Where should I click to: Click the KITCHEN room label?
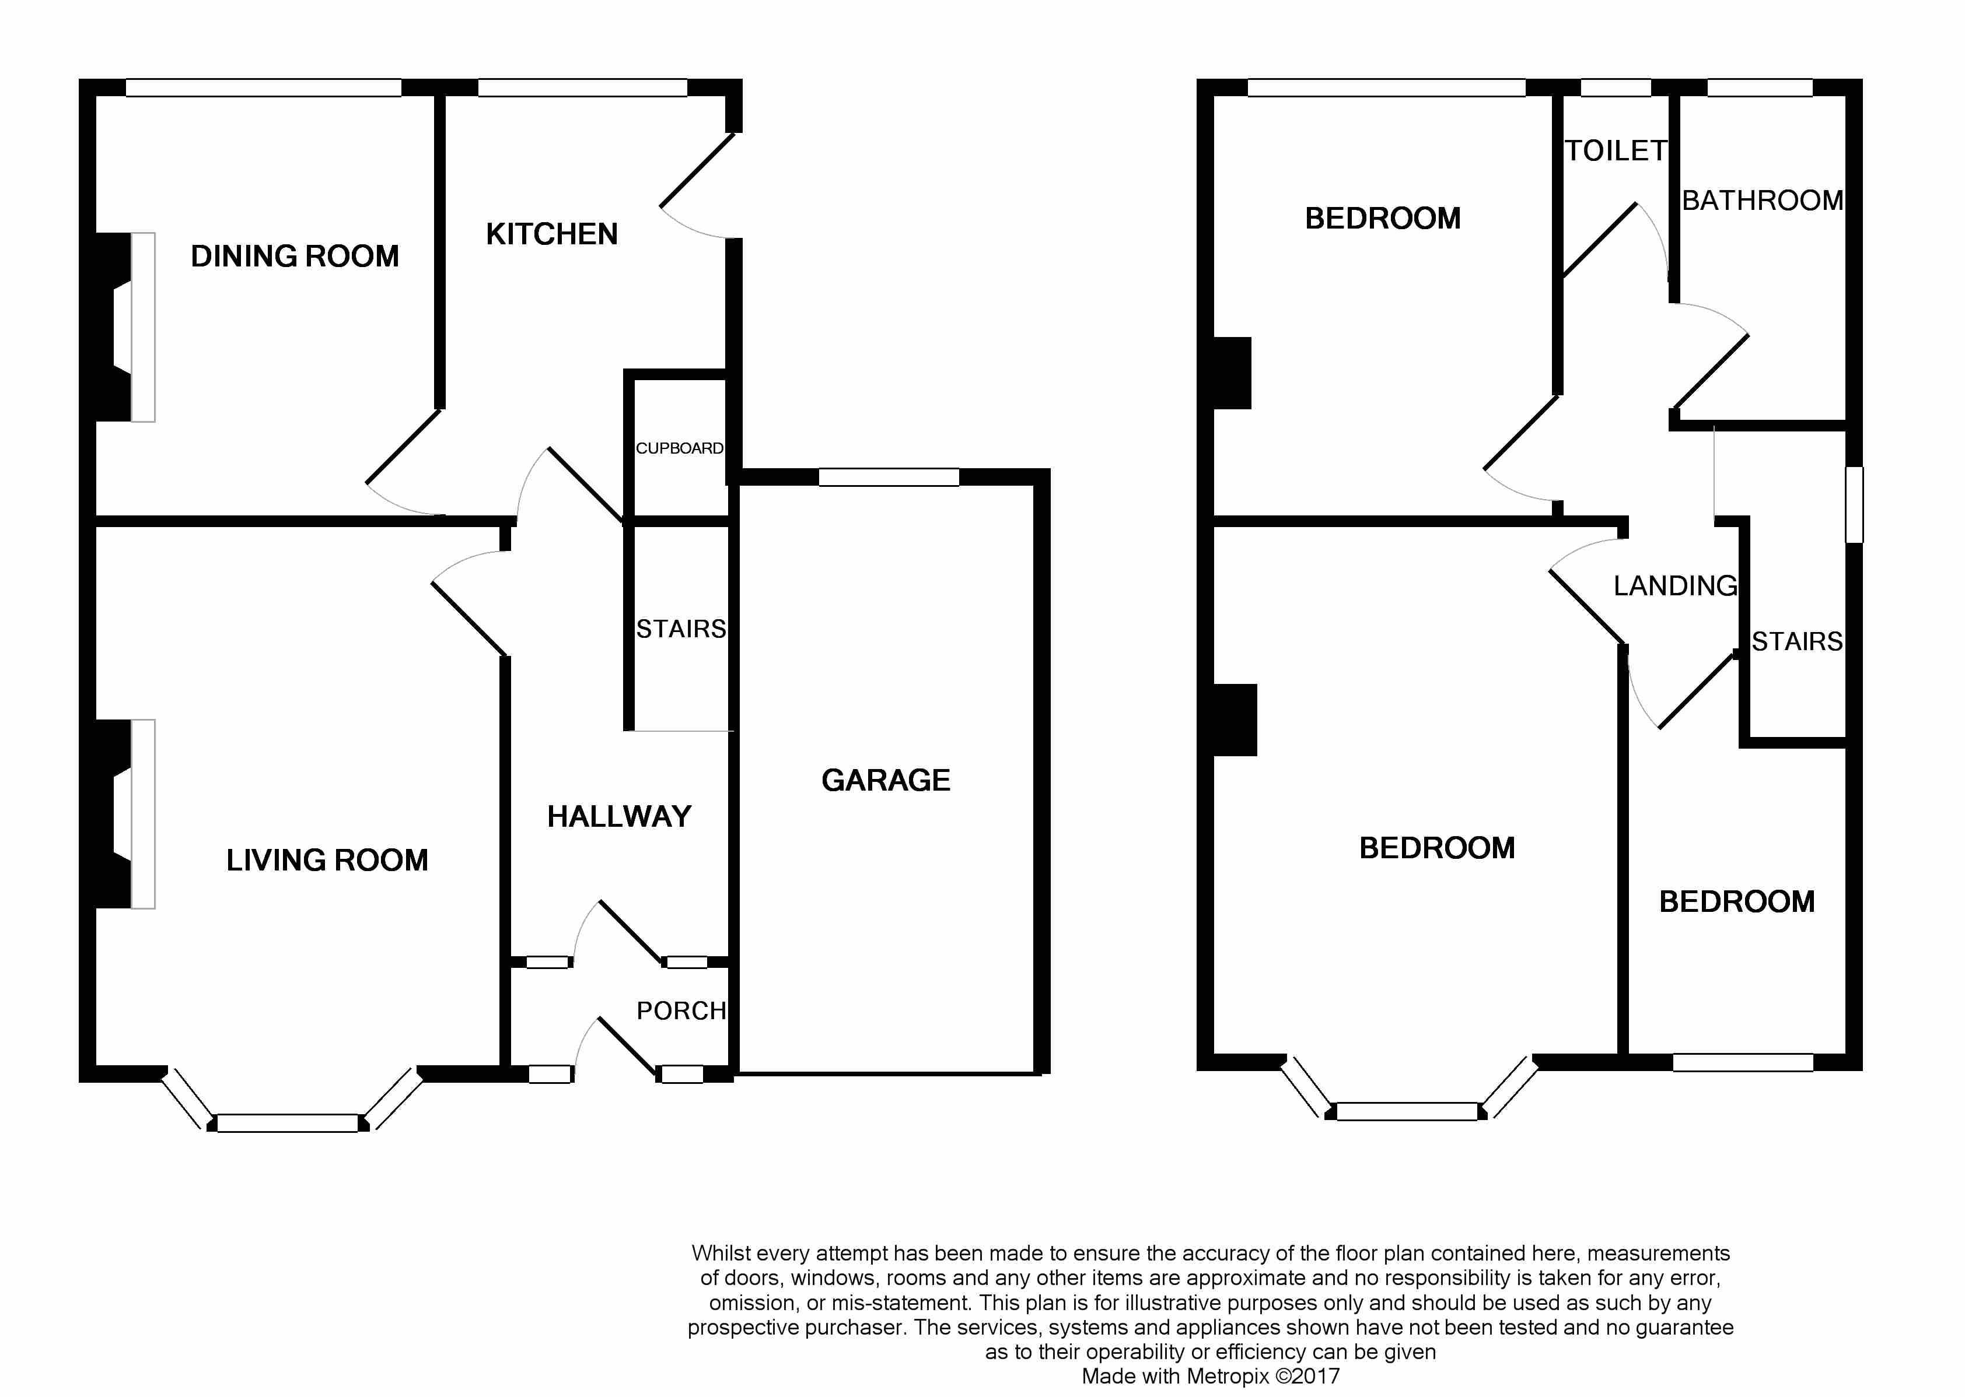pyautogui.click(x=552, y=234)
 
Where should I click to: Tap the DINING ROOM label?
pyautogui.click(x=295, y=257)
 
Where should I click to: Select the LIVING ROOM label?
pyautogui.click(x=327, y=860)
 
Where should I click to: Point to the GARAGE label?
pyautogui.click(x=886, y=780)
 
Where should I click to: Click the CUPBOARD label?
pyautogui.click(x=679, y=448)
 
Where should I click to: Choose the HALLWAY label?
pyautogui.click(x=619, y=816)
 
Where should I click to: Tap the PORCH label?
pyautogui.click(x=681, y=1011)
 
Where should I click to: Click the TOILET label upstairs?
pyautogui.click(x=1616, y=152)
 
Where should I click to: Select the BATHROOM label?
pyautogui.click(x=1762, y=201)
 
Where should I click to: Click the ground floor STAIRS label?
pyautogui.click(x=681, y=629)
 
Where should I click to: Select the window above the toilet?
pyautogui.click(x=1616, y=87)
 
